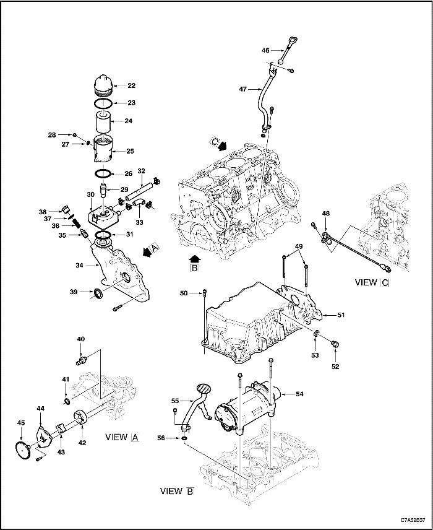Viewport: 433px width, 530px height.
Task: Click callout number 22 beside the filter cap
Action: coord(131,85)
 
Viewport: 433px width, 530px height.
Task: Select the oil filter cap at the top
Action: coord(103,85)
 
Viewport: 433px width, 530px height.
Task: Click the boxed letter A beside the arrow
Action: coord(155,247)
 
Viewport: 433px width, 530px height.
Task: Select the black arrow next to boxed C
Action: coord(221,145)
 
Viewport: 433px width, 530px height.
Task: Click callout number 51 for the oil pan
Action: coord(340,315)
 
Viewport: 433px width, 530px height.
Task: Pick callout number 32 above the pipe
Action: coord(141,171)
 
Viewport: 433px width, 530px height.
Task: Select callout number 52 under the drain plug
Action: coord(336,367)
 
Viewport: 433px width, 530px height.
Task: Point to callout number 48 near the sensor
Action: coord(326,214)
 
